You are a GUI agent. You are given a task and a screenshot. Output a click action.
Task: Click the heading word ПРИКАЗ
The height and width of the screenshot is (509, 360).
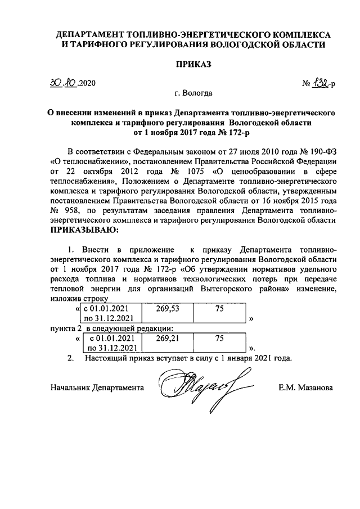[193, 65]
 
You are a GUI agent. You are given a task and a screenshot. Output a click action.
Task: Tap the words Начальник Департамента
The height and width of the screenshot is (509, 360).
[97, 388]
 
